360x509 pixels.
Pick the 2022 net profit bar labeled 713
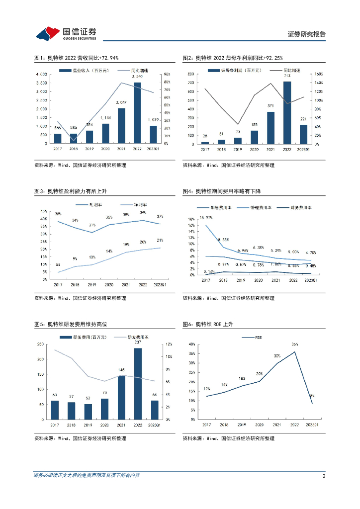(287, 112)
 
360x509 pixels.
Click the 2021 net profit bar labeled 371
(270, 128)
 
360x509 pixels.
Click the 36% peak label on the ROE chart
(294, 344)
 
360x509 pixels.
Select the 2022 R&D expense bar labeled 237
(138, 384)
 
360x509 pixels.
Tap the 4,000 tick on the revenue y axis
(41, 75)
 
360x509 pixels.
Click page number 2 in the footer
(324, 476)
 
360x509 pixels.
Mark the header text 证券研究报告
(307, 34)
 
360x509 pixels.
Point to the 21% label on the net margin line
(160, 241)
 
